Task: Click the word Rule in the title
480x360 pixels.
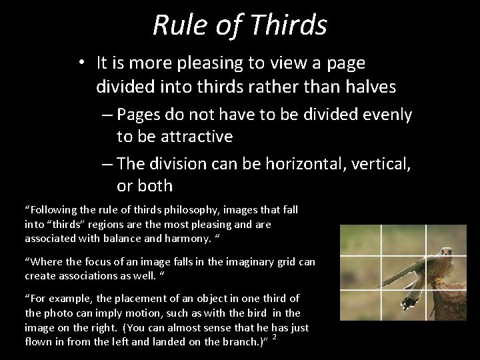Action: [x=175, y=25]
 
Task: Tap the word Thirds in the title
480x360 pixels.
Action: [x=294, y=25]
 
